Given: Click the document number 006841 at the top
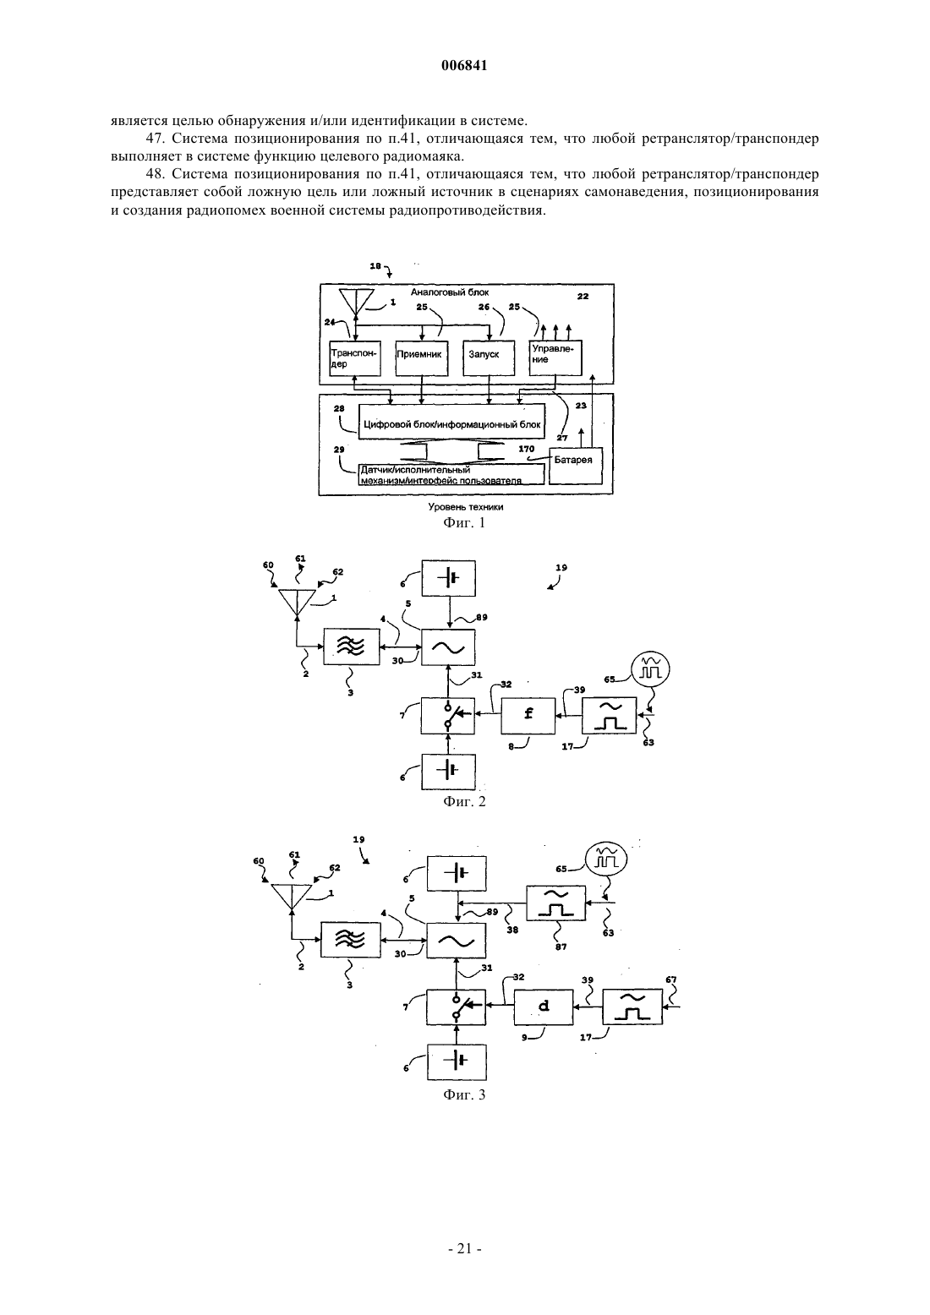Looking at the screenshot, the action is [x=464, y=66].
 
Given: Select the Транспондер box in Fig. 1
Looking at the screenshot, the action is [x=355, y=358].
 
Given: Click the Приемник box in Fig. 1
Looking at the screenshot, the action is [x=422, y=358].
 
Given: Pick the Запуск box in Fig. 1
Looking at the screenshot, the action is [x=489, y=358].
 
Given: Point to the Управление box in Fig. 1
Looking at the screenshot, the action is [x=555, y=358].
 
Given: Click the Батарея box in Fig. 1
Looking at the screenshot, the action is [x=576, y=467].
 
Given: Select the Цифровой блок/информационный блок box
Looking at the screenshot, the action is [x=451, y=421].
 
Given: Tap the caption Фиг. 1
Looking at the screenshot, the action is [x=464, y=522].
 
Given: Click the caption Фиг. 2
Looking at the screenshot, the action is [x=464, y=802].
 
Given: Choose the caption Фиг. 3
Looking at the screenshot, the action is [x=464, y=1095].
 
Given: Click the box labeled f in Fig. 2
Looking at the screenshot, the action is [x=528, y=716].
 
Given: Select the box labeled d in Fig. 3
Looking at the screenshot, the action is [x=544, y=1007].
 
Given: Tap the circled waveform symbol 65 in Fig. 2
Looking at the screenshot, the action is [x=650, y=669].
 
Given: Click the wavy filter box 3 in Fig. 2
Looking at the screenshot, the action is [x=352, y=647].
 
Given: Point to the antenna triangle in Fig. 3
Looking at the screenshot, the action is [x=291, y=897].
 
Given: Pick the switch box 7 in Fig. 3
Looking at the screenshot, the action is [x=457, y=1007].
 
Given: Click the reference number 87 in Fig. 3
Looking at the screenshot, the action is [x=561, y=947].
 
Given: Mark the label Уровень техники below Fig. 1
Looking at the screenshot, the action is [x=466, y=506].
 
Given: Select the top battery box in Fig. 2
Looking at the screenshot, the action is [x=449, y=579].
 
